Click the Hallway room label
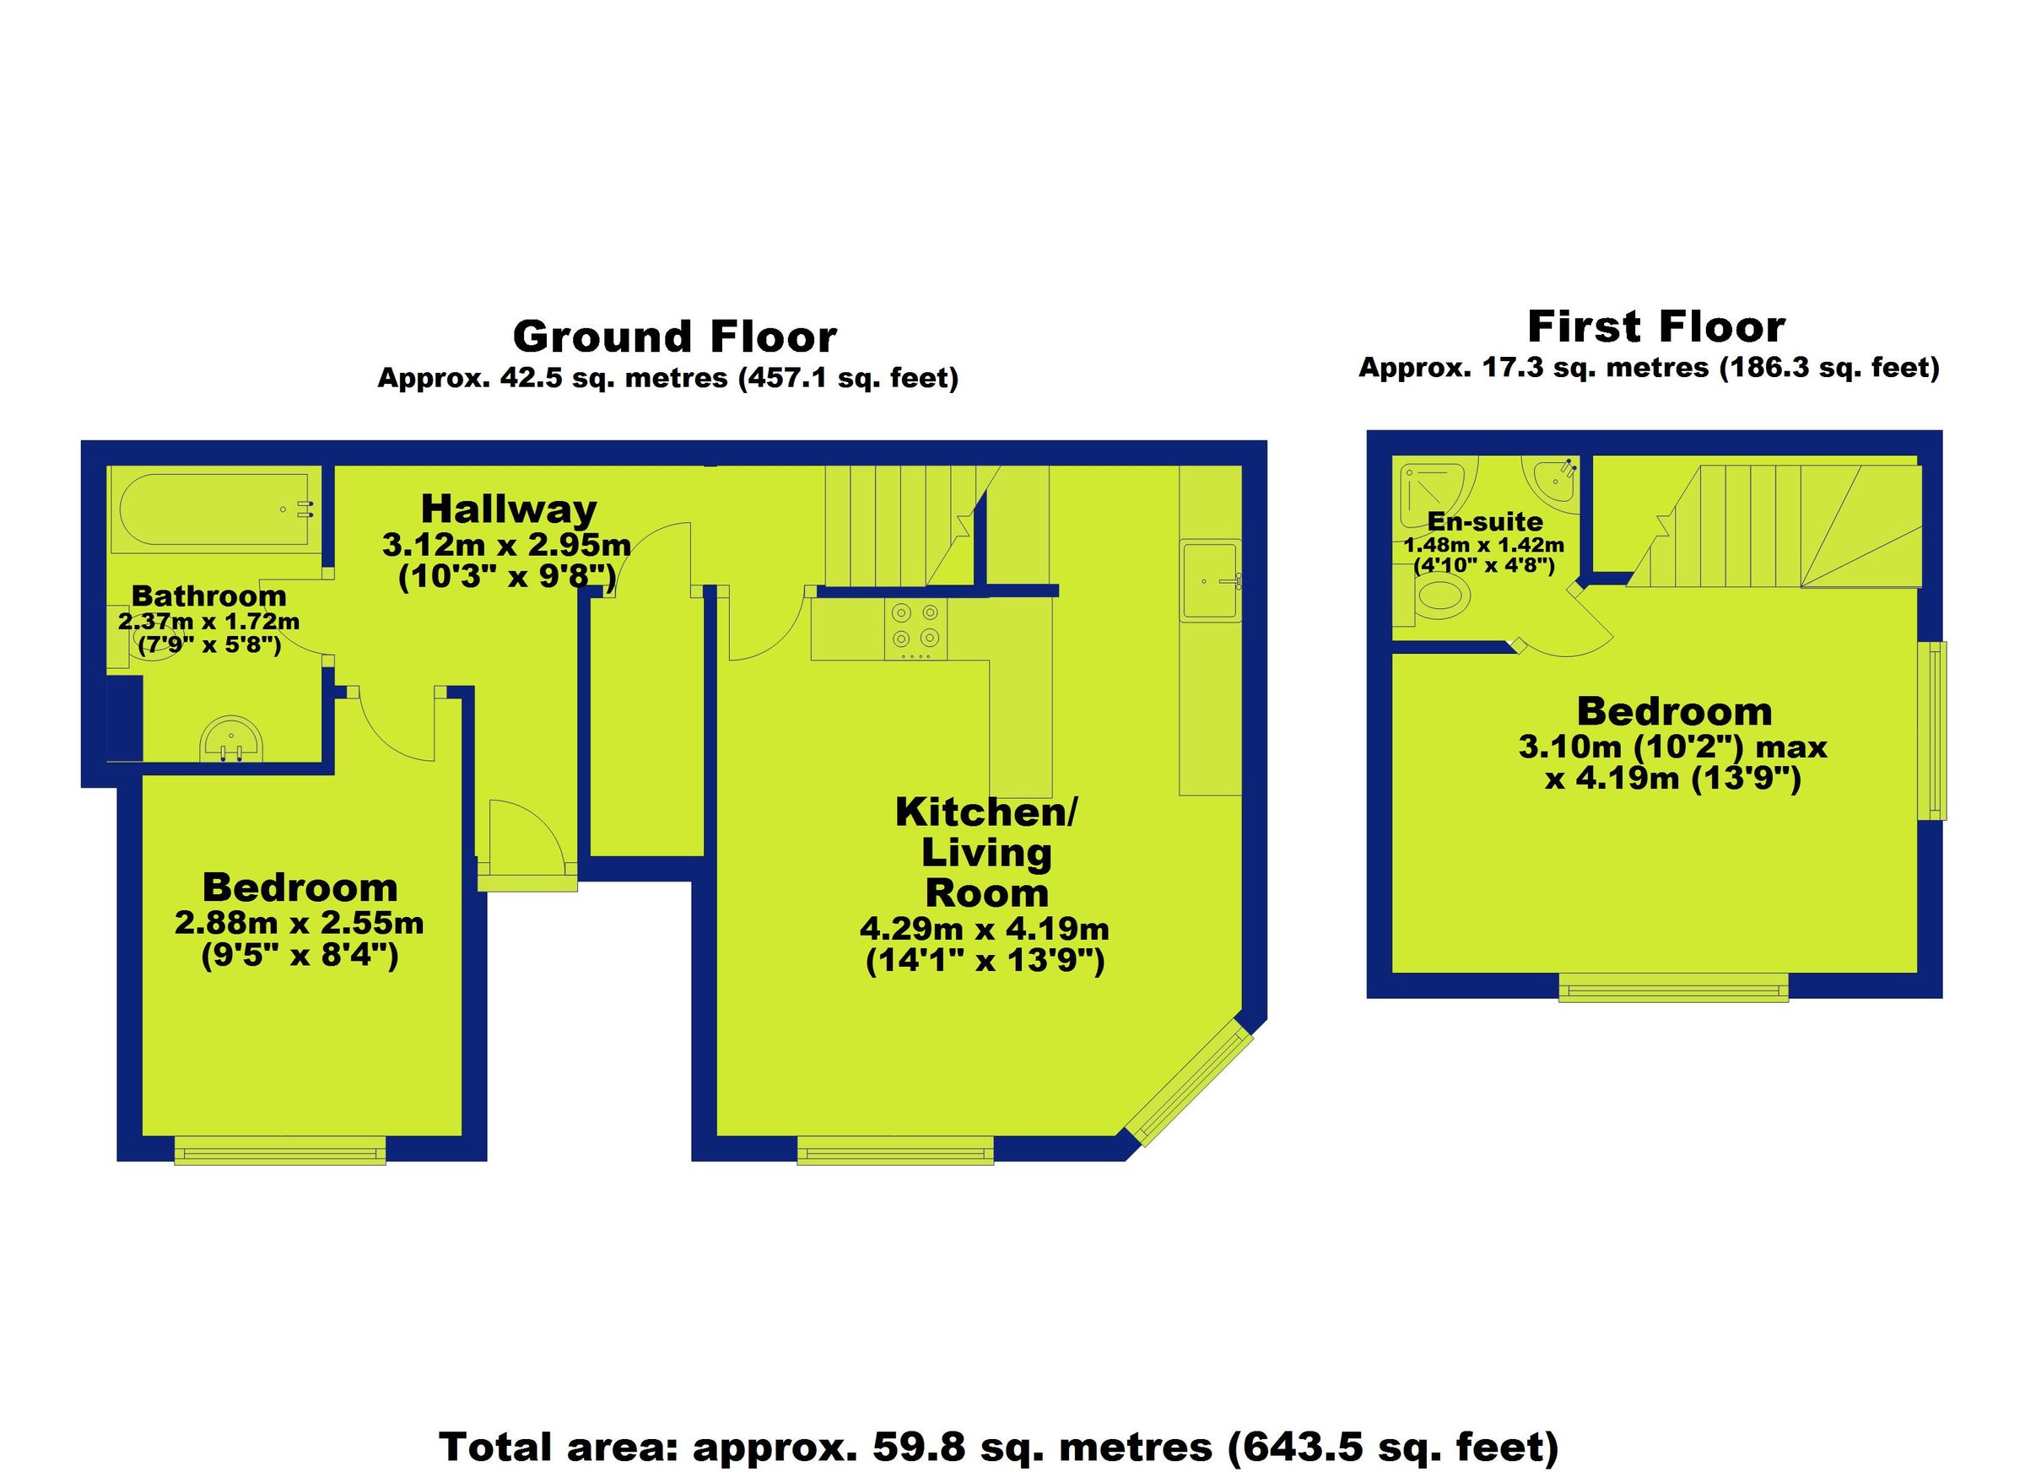(508, 510)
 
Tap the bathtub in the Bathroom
(214, 509)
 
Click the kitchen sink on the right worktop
(1209, 580)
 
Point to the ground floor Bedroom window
(279, 1150)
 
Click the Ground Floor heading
(674, 337)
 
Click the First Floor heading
(1655, 326)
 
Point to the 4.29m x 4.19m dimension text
(984, 929)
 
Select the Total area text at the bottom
(998, 1445)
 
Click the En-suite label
(1485, 521)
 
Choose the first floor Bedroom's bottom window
(1673, 986)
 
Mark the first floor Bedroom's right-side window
(1933, 731)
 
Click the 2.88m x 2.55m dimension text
(299, 922)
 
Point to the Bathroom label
(209, 596)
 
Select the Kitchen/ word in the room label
(986, 812)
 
